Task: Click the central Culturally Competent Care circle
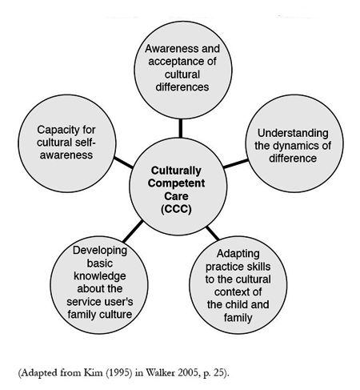pos(178,187)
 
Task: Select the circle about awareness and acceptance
pos(183,70)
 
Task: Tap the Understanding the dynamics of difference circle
pos(294,143)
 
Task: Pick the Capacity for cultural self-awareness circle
pos(67,143)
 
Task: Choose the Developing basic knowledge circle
pos(99,285)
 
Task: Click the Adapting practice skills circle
pos(238,285)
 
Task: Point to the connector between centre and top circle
pos(181,128)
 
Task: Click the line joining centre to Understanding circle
pos(236,163)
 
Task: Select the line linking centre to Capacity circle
pos(123,163)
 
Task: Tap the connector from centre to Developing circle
pos(133,231)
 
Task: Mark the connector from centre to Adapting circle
pos(213,233)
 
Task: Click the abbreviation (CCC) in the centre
pos(176,209)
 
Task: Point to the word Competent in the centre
pos(177,183)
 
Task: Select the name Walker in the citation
pos(158,372)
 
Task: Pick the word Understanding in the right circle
pos(293,134)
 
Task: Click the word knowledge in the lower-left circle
pos(100,276)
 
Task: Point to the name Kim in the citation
pos(94,372)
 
